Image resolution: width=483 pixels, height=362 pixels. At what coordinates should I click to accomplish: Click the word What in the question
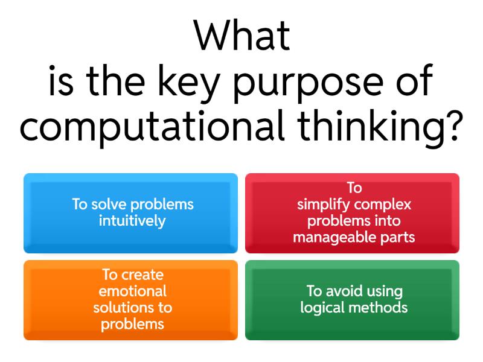242,35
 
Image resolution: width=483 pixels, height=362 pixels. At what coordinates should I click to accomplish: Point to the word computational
152,127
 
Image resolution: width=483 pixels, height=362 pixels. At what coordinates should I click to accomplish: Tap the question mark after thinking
455,125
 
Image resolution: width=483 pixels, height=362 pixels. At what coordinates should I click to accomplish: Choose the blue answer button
130,213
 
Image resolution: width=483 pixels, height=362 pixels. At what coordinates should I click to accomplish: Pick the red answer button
352,213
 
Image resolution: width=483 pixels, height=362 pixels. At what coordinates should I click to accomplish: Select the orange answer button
130,300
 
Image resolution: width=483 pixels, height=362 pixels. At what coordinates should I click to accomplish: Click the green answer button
352,300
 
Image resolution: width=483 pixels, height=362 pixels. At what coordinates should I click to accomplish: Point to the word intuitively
132,221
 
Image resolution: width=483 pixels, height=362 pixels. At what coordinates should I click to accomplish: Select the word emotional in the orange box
132,291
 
